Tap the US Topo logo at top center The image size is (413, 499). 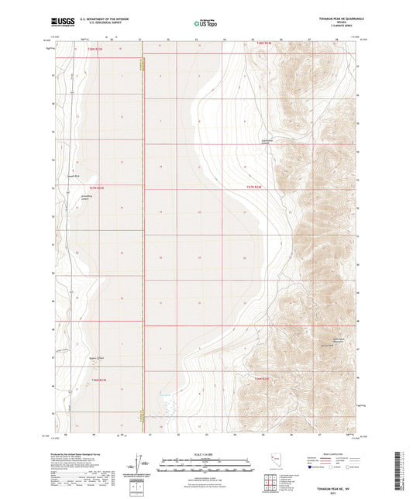point(205,24)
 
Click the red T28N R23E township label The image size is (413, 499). point(94,48)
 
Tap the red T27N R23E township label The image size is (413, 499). point(95,188)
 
